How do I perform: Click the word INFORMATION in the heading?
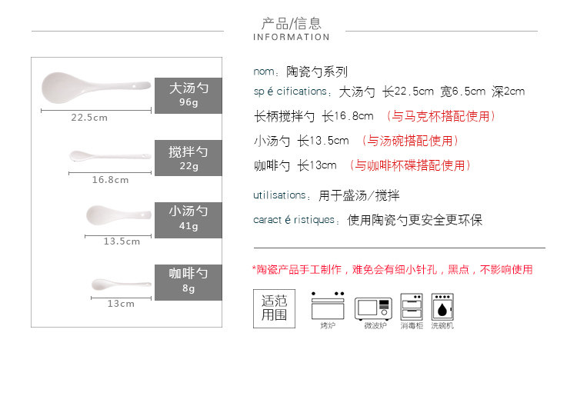tap(291, 37)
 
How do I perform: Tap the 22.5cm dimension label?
tap(89, 118)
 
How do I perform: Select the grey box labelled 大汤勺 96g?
tap(188, 95)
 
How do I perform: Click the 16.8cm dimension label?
tap(110, 180)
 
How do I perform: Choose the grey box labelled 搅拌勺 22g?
tap(188, 158)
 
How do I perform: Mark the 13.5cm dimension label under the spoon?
tap(122, 241)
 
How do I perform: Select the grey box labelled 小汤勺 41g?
tap(188, 219)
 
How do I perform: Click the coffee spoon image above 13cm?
tap(119, 285)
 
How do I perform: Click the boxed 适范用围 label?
tap(274, 308)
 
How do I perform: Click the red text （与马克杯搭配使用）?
tap(440, 117)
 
